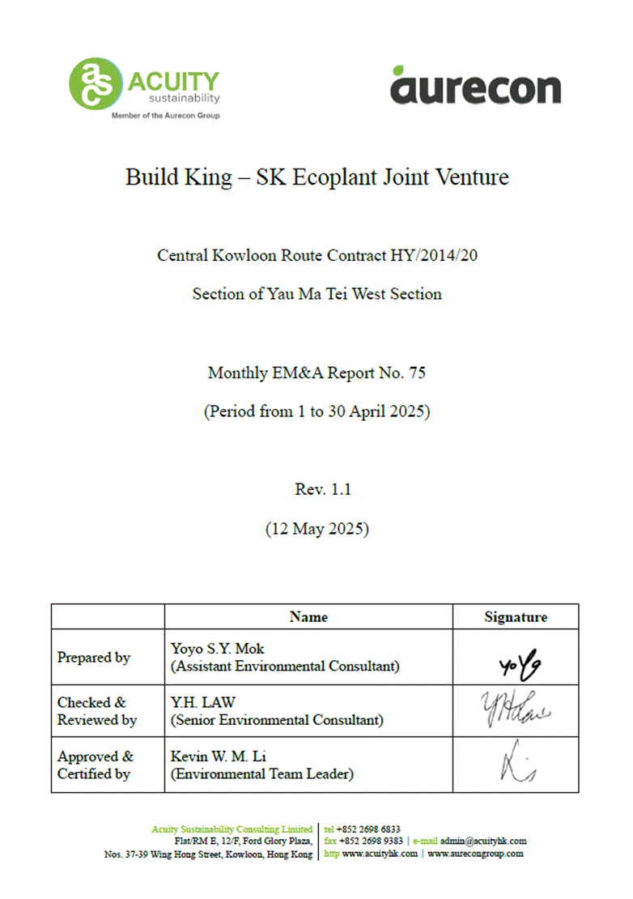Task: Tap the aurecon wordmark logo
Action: (475, 86)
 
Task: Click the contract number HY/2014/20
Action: (439, 255)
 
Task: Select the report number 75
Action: (417, 373)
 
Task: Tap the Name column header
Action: (308, 617)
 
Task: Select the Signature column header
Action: (516, 617)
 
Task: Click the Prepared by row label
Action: (94, 658)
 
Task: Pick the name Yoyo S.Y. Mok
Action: (218, 649)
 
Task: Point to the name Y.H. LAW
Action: (201, 702)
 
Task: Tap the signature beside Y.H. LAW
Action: (516, 709)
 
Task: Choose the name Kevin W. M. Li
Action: (218, 756)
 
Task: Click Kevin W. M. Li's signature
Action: (516, 765)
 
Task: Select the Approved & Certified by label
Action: (96, 765)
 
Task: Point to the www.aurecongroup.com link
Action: (475, 854)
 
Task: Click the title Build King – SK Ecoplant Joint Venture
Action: (317, 177)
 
